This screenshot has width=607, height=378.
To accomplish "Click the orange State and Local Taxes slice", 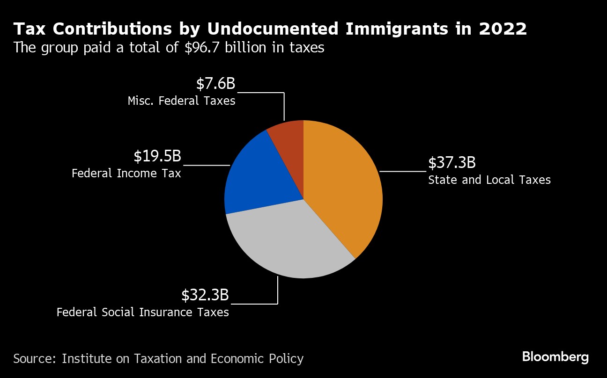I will coord(347,187).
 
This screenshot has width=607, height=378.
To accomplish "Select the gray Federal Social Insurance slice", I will coord(290,243).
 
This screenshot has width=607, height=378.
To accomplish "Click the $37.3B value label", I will coord(452,163).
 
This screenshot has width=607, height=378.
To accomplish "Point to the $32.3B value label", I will coord(205,295).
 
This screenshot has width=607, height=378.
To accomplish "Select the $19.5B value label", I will coord(157,156).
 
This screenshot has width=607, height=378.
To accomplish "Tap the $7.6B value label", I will coord(215,84).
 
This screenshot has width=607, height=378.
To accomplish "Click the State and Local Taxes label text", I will coord(489,180).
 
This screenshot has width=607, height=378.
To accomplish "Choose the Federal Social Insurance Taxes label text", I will coord(143,312).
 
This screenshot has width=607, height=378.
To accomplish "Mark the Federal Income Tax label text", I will coord(126,174).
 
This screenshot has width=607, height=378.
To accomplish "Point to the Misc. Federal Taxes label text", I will coord(181,101).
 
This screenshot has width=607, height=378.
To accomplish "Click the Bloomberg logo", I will coord(555,357).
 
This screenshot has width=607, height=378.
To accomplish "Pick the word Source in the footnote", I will coord(35,359).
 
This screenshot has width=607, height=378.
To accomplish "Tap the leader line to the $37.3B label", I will coord(403,171).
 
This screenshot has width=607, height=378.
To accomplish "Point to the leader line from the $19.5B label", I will coord(206,165).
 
